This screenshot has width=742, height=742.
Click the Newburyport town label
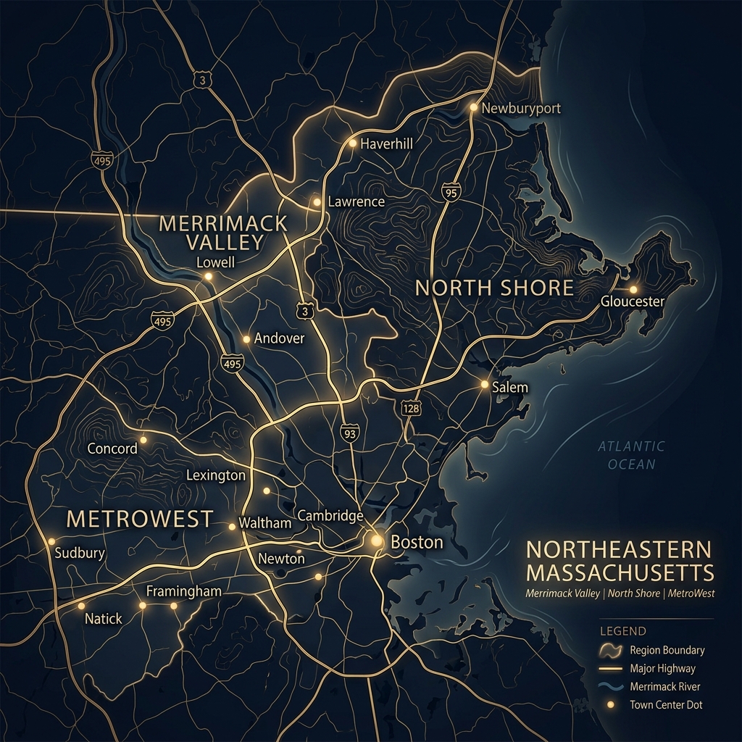[521, 108]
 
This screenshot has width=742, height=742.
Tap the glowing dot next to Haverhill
[353, 143]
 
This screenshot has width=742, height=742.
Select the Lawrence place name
[356, 202]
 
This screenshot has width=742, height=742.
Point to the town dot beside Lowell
[208, 276]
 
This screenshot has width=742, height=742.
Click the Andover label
[279, 338]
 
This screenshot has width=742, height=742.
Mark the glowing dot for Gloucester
[633, 289]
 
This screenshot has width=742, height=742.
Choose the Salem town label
[509, 388]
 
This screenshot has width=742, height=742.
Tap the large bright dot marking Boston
[377, 540]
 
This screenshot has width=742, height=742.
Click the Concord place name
[112, 449]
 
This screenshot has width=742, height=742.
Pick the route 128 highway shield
[410, 409]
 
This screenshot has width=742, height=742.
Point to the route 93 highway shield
[349, 433]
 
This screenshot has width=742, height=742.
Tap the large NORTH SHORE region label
[494, 288]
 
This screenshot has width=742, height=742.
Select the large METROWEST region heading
[140, 519]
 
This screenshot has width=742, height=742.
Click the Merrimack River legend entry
[664, 686]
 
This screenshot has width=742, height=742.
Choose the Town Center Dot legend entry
[665, 704]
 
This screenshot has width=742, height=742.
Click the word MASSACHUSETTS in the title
[620, 572]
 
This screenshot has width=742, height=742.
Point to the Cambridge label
[330, 515]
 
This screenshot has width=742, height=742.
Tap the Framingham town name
[183, 591]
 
